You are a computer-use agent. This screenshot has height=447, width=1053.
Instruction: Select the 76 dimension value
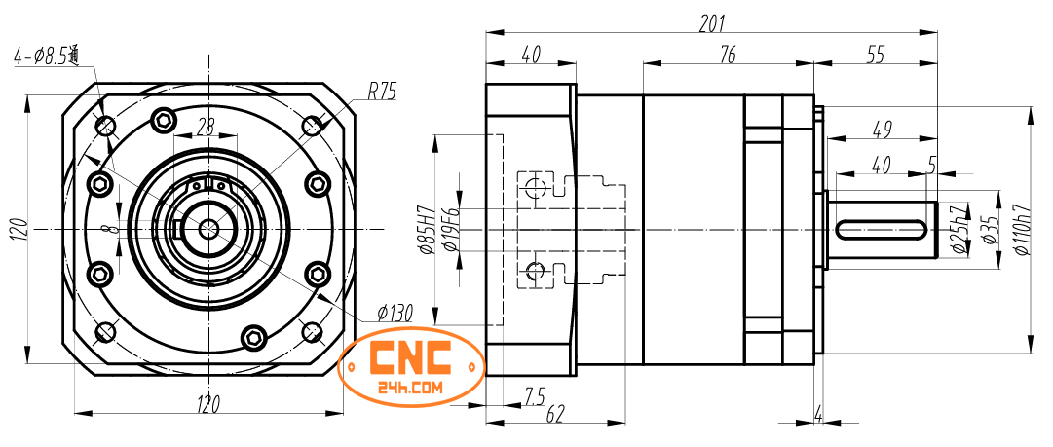pyautogui.click(x=727, y=56)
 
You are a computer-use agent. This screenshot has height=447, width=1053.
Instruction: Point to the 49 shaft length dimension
pyautogui.click(x=882, y=128)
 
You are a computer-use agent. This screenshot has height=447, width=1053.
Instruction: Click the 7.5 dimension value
pyautogui.click(x=535, y=396)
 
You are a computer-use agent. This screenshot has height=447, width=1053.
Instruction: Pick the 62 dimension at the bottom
pyautogui.click(x=555, y=414)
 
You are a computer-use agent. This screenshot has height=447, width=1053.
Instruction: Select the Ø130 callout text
pyautogui.click(x=395, y=314)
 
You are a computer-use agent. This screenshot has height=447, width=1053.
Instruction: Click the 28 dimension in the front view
pyautogui.click(x=206, y=126)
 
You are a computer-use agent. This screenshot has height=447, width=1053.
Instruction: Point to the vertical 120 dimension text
pyautogui.click(x=17, y=230)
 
